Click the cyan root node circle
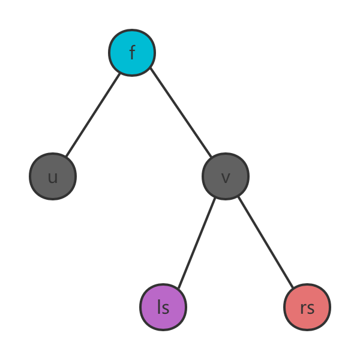(132, 53)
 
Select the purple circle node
(163, 307)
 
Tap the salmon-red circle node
(307, 307)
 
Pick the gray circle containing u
(53, 176)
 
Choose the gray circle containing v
(226, 176)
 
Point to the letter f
(132, 53)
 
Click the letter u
(53, 177)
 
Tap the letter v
(226, 178)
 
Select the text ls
(163, 307)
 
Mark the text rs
(307, 308)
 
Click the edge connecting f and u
(93, 114)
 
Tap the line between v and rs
(266, 241)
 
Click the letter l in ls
(159, 307)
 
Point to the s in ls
(166, 308)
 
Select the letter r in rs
(303, 308)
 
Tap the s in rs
(310, 308)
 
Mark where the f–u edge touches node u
(66, 157)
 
